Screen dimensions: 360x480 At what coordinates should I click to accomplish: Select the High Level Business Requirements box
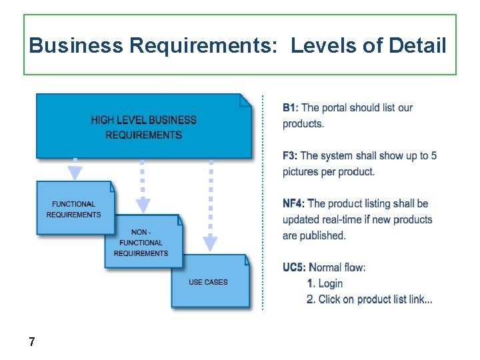pyautogui.click(x=144, y=127)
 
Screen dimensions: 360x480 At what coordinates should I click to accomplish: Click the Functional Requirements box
pyautogui.click(x=74, y=209)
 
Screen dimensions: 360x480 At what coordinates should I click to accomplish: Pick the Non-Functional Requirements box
pyautogui.click(x=141, y=243)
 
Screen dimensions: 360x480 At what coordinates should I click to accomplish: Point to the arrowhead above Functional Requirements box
pyautogui.click(x=75, y=173)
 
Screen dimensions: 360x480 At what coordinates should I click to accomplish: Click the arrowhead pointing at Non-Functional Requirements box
pyautogui.click(x=143, y=206)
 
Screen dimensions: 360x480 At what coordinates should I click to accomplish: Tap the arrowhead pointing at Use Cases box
pyautogui.click(x=210, y=244)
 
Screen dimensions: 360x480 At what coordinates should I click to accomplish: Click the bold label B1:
pyautogui.click(x=291, y=107)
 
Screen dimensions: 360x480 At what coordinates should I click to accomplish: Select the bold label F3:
pyautogui.click(x=291, y=155)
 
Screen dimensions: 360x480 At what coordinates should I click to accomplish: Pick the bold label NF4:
pyautogui.click(x=294, y=203)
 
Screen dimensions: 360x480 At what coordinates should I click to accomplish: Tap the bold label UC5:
pyautogui.click(x=294, y=267)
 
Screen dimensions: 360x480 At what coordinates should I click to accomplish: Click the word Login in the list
pyautogui.click(x=331, y=283)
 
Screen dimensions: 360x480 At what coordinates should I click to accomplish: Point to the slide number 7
pyautogui.click(x=31, y=342)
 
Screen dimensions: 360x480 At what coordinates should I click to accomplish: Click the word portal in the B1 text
pyautogui.click(x=337, y=107)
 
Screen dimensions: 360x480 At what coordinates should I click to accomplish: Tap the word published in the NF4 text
pyautogui.click(x=323, y=235)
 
